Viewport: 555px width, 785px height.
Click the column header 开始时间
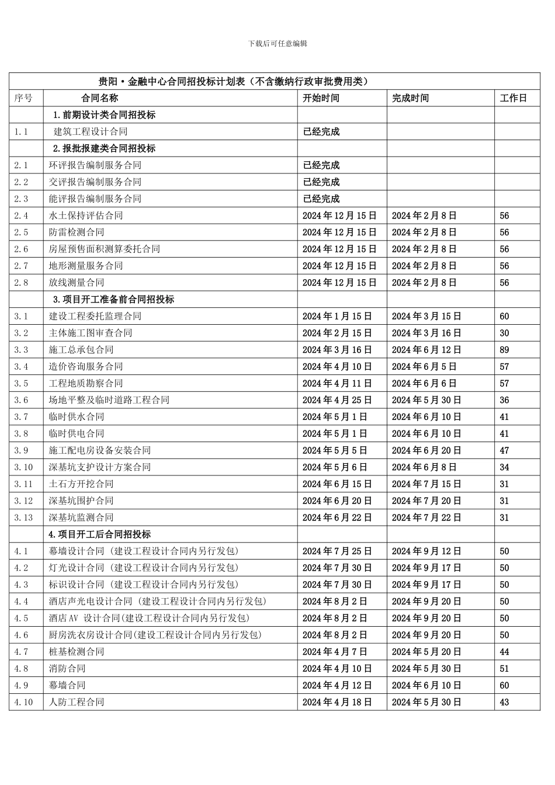pos(321,98)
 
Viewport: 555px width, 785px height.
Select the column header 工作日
pos(513,98)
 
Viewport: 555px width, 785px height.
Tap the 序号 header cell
pos(23,98)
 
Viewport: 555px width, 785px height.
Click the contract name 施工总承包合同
pos(81,350)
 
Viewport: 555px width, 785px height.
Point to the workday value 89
pos(504,350)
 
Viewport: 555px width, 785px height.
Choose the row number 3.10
pos(23,467)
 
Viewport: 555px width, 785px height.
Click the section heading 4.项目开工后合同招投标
pos(100,534)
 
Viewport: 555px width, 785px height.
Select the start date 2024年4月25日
pos(337,400)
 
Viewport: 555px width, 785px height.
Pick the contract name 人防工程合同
pos(77,702)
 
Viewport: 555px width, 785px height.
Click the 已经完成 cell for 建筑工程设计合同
pos(321,132)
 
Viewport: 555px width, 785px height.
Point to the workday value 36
pos(504,400)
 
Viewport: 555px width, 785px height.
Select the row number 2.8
pos(21,283)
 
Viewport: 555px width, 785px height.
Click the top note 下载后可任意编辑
pos(277,43)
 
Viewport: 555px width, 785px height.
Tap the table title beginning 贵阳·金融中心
pos(234,81)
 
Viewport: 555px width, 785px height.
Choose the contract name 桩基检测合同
pos(77,652)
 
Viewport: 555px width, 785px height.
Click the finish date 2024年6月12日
pos(426,350)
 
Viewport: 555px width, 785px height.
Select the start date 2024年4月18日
pos(337,702)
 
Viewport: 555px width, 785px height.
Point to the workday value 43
pos(504,702)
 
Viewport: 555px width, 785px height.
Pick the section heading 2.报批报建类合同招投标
pos(105,148)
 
